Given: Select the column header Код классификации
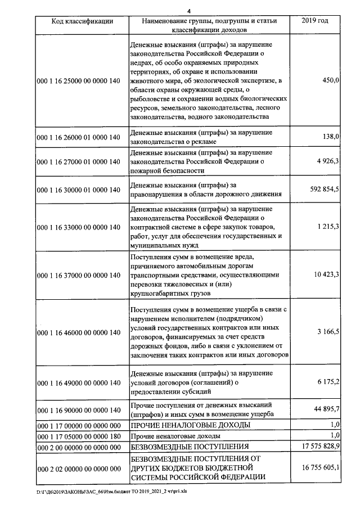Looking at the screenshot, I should pos(82,21).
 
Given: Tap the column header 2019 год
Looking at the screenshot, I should pos(315,21).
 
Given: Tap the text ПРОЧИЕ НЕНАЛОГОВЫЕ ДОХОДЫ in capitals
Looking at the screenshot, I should pos(190,425).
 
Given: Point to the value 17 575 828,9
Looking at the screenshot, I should pos(321,447).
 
